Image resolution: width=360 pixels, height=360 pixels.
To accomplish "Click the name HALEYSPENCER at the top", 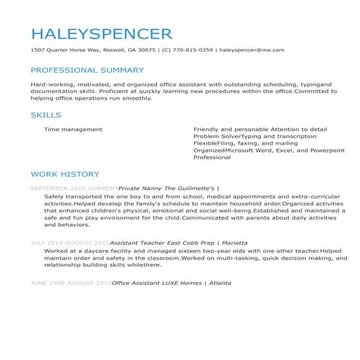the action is [101, 33].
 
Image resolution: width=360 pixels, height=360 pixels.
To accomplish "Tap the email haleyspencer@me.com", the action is [251, 50].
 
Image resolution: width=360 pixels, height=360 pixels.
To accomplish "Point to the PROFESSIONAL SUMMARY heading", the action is [87, 71].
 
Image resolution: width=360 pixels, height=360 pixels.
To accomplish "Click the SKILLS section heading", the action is [46, 115].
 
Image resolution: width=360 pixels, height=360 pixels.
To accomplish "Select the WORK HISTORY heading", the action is [65, 175].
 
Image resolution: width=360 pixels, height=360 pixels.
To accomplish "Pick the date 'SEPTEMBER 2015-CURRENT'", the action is [73, 188].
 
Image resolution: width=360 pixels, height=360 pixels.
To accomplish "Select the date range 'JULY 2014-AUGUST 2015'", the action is [70, 243].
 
